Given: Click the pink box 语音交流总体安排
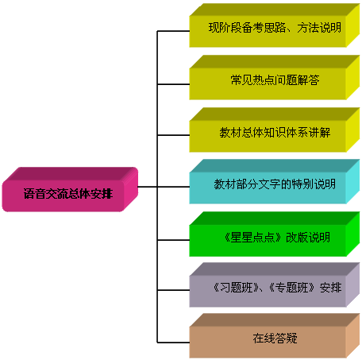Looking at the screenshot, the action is tap(70, 190).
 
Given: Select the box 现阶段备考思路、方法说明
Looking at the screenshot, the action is tap(275, 25).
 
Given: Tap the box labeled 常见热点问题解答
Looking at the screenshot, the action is tap(275, 78).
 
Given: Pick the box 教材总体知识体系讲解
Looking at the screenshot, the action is tap(275, 130).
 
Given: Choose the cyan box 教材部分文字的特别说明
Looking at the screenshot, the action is tap(275, 182).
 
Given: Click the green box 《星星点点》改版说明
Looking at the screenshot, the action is tap(275, 234).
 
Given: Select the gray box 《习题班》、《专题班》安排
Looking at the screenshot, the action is tap(275, 285).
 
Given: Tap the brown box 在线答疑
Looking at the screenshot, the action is tap(275, 336).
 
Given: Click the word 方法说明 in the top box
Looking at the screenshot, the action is tap(319, 28).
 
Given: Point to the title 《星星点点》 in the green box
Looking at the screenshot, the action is tap(252, 238).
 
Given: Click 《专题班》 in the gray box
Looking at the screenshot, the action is tap(292, 288).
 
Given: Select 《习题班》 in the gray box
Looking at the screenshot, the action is tap(237, 288).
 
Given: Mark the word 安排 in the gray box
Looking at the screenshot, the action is tap(330, 288).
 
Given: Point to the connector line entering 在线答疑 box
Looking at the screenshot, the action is tap(173, 343).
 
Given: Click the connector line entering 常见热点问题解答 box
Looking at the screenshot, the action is tap(173, 84).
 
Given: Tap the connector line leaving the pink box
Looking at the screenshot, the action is tap(148, 187).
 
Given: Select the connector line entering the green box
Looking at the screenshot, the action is tap(173, 240).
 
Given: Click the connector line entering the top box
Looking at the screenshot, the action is tap(173, 31).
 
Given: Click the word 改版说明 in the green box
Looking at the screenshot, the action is tap(308, 238).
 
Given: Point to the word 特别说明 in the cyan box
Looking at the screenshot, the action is tap(314, 184).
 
